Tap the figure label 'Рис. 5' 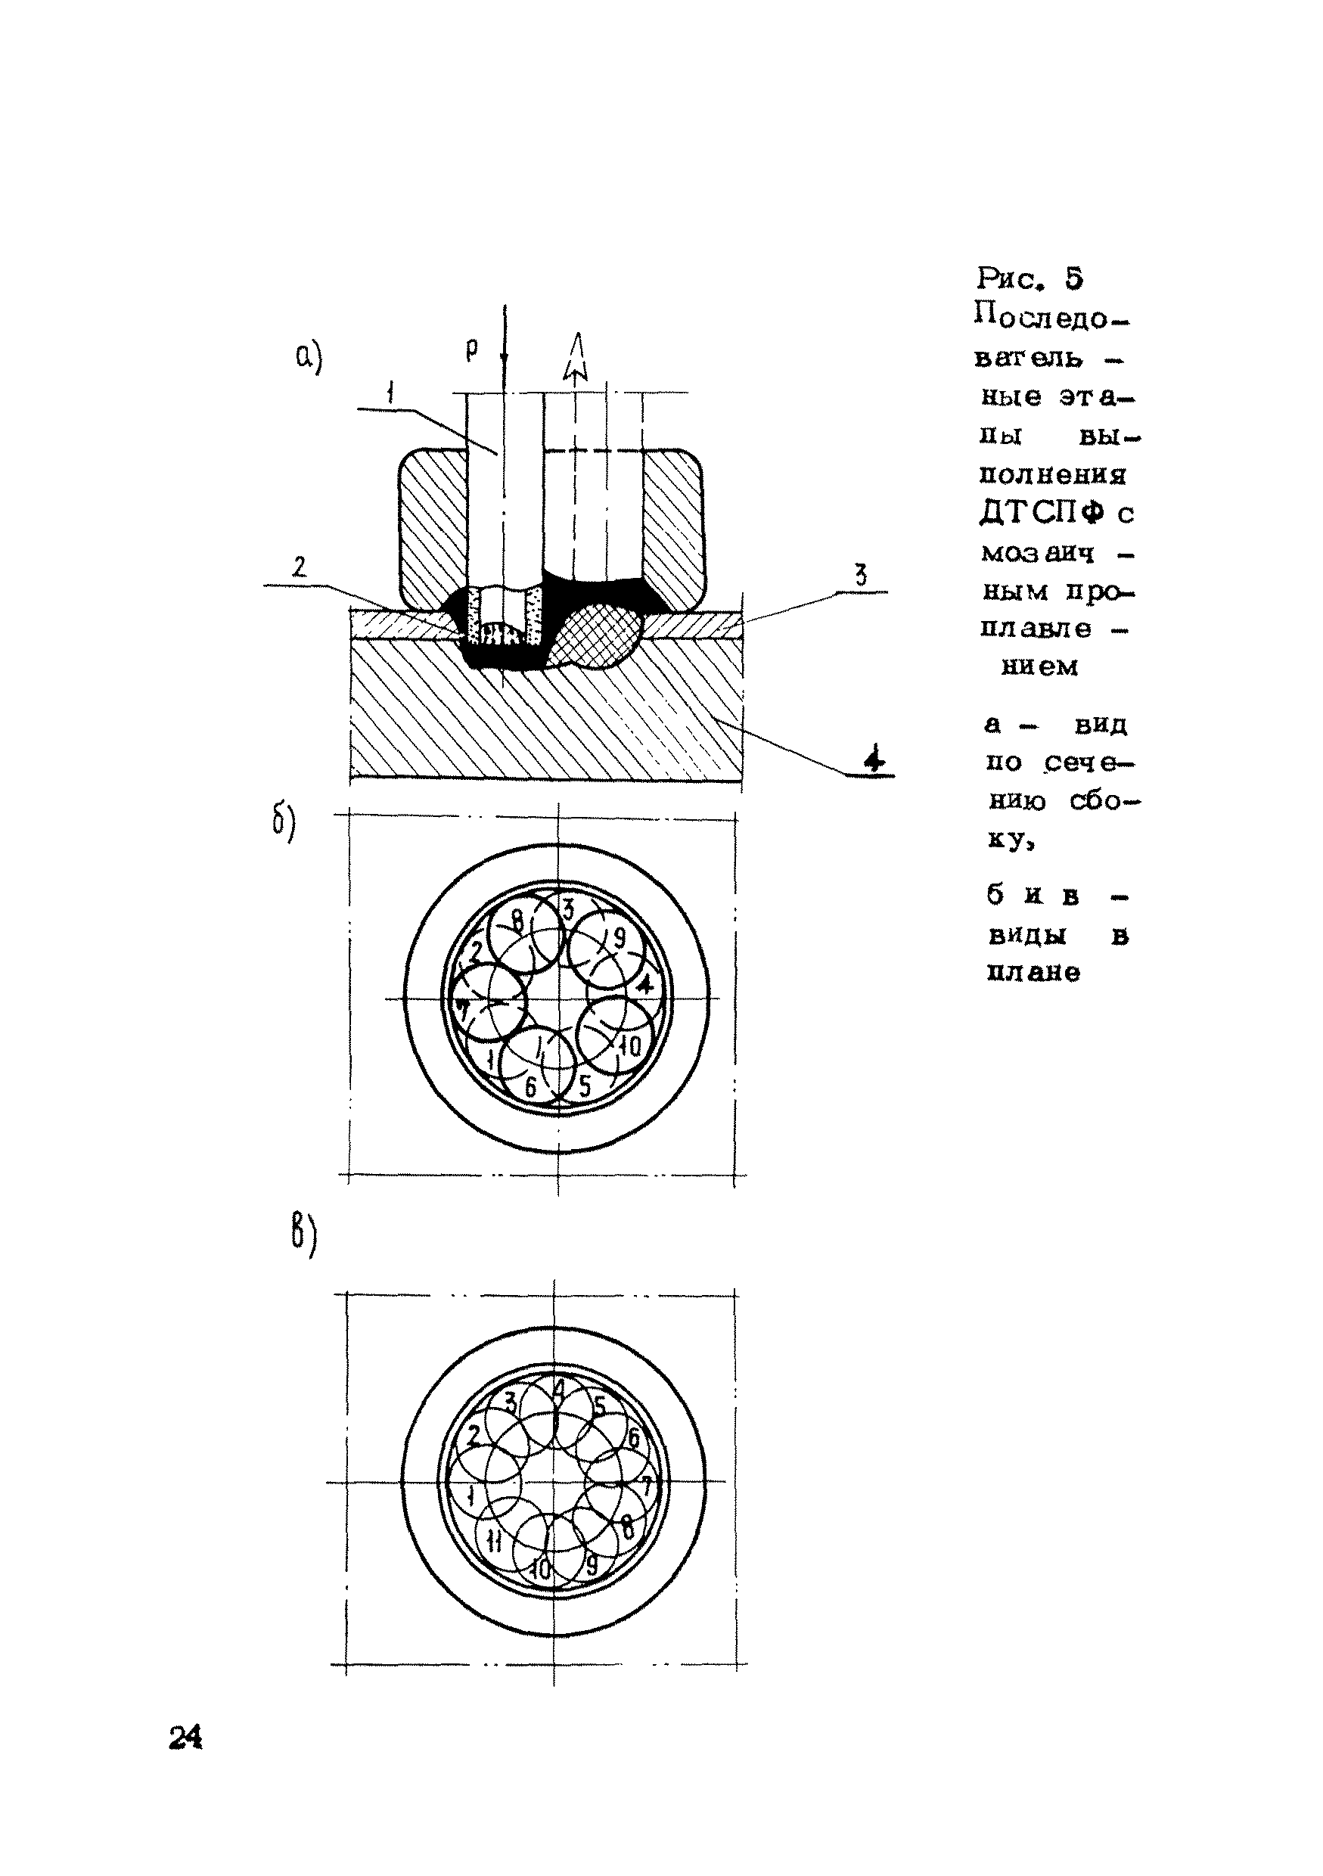point(1030,278)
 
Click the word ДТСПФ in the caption point(1041,513)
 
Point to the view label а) point(309,357)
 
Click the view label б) point(284,822)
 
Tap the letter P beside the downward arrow point(471,349)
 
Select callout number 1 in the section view point(390,394)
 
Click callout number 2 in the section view point(299,567)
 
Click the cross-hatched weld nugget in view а point(595,635)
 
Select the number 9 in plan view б point(619,938)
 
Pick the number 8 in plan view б point(517,921)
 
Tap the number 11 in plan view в point(493,1540)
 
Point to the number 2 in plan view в point(472,1436)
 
